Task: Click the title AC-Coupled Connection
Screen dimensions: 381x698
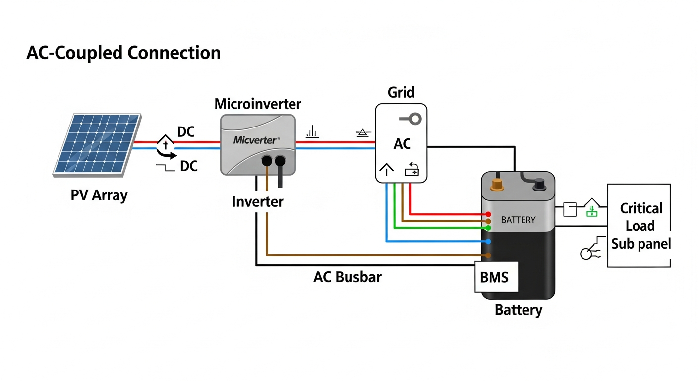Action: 123,53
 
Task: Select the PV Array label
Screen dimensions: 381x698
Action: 99,195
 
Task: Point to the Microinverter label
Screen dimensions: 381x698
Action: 257,104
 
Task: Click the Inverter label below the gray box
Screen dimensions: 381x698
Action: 257,202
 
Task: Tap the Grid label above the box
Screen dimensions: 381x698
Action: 401,92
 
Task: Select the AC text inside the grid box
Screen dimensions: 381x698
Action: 402,144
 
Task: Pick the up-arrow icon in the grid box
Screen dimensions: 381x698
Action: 386,169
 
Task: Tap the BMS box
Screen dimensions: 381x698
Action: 496,276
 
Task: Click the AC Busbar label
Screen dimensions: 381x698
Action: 348,277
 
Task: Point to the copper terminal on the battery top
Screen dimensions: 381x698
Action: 497,185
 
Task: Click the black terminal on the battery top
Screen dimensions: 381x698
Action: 539,186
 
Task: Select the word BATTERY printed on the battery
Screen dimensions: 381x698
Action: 518,219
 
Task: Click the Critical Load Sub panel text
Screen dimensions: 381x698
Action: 640,226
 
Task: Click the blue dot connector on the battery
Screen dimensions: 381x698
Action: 488,242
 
